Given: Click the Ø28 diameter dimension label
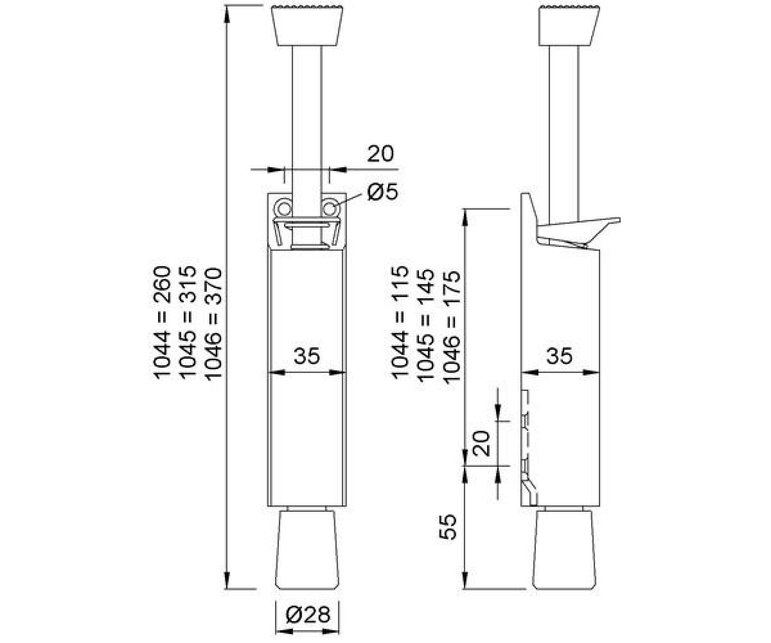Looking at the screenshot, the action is (308, 615).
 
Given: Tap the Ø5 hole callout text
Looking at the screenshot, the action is (383, 192).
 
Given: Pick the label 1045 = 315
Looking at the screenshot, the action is (188, 323).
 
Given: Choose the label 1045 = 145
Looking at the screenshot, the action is (425, 325).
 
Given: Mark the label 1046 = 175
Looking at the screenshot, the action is (452, 326).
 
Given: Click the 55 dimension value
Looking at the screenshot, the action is (448, 527).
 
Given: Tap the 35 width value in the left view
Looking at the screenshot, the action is (307, 356).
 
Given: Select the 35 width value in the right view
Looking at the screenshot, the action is (559, 356).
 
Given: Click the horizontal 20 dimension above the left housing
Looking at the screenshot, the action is (380, 154).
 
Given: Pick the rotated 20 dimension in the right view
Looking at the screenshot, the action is (481, 444).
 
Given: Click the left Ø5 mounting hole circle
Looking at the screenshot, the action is (283, 208).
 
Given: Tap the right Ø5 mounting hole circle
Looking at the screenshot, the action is (330, 208).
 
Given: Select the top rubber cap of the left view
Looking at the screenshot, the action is (307, 26).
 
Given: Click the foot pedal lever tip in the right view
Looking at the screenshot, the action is (617, 221).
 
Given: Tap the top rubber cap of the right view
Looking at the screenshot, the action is (569, 26).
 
